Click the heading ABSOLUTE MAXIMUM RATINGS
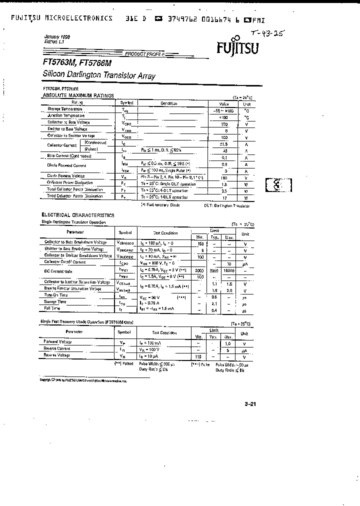coord(78,95)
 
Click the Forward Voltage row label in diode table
coord(58,341)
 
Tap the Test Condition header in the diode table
coord(164,332)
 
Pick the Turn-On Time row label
coord(57,295)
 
